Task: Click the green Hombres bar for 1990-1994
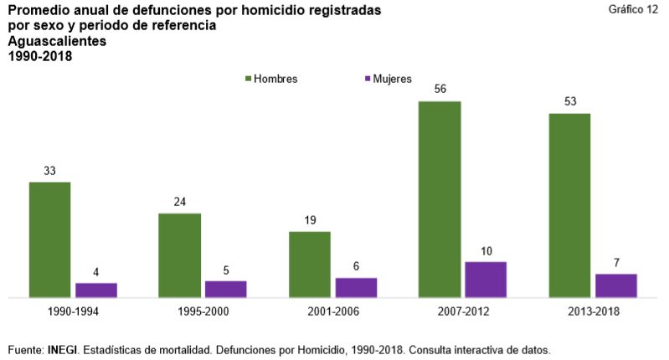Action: [x=49, y=239]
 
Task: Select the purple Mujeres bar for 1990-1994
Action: [x=96, y=290]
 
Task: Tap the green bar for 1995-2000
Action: [x=179, y=255]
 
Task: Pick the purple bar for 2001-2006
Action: [x=356, y=287]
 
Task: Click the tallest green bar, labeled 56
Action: [x=440, y=199]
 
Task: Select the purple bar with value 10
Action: [x=486, y=280]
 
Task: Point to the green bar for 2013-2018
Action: [x=569, y=205]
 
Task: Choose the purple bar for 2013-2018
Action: [x=616, y=285]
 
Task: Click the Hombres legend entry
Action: [x=271, y=79]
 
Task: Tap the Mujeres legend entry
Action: [x=387, y=79]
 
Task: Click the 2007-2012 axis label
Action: [x=462, y=311]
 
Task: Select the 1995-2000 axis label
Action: [x=203, y=311]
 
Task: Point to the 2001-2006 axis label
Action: [x=332, y=311]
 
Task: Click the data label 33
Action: [x=49, y=171]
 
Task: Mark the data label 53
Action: [x=569, y=102]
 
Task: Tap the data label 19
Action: [x=309, y=220]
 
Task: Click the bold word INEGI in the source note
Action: [x=63, y=348]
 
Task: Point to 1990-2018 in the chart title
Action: [x=40, y=56]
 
